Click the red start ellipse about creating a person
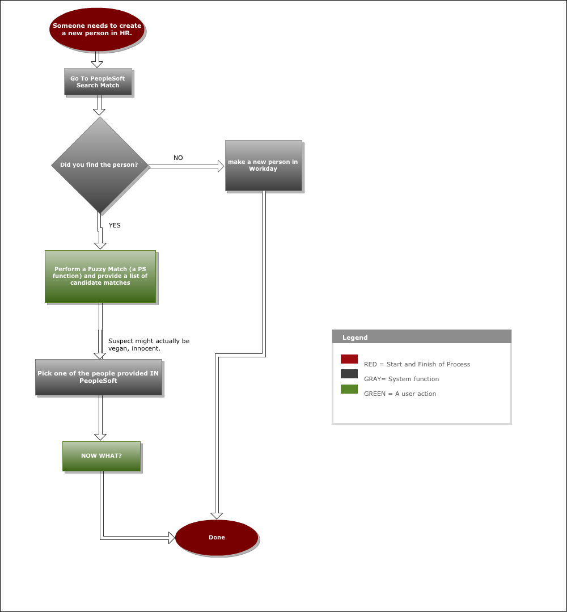coord(97,29)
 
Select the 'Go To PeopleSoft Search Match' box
coord(98,82)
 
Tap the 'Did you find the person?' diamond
coord(100,165)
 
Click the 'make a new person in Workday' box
coord(264,166)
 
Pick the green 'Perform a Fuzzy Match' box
coord(100,276)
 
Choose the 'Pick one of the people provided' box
coord(98,377)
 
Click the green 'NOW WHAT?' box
coord(101,456)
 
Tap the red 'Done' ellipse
coord(217,538)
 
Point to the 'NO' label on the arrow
coord(178,158)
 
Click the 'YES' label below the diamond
coord(115,225)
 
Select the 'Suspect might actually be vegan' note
coord(149,345)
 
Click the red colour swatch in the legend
coord(349,359)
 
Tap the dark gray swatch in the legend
coord(349,374)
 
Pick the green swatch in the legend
coord(349,389)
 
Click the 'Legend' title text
coord(355,337)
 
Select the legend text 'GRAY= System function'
coord(401,379)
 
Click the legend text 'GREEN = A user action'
coord(400,394)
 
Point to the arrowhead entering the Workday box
coord(221,166)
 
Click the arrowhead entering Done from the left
coord(172,538)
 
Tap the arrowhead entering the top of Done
coord(217,516)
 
